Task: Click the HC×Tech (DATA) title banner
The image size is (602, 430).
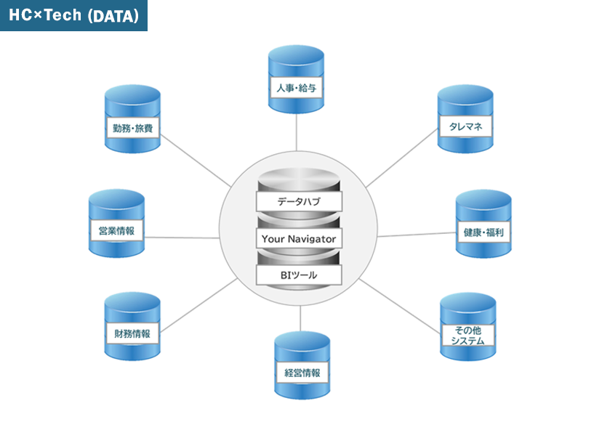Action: click(73, 15)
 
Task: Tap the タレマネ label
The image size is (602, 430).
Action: click(465, 126)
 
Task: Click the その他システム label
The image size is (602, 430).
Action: click(468, 335)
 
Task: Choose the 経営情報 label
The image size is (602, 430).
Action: click(302, 373)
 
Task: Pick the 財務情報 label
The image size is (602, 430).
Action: click(132, 333)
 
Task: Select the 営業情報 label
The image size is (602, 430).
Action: click(116, 231)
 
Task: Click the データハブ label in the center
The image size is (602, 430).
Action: click(299, 200)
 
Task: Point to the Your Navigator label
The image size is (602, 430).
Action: click(299, 238)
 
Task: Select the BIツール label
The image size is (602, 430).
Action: click(299, 275)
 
